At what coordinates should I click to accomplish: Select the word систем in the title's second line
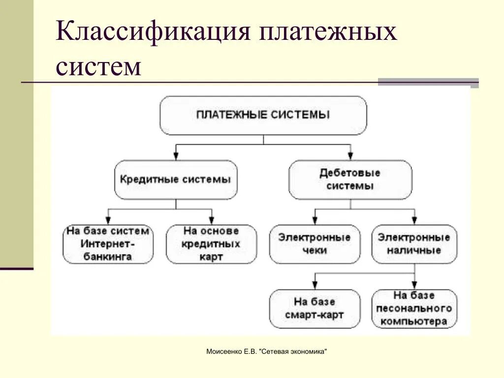98,66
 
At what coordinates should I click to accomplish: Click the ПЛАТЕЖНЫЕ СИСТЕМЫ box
263,115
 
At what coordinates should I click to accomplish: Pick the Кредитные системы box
175,180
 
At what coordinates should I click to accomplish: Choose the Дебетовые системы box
350,180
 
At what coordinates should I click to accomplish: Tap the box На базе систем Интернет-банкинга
108,244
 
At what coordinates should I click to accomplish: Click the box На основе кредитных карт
211,244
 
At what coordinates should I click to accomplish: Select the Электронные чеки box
315,244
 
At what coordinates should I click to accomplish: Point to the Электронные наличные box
414,244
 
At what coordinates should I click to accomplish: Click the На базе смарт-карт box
315,308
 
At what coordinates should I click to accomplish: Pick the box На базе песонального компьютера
414,308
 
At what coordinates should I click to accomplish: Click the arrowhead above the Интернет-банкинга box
108,220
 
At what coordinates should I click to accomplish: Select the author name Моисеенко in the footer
221,352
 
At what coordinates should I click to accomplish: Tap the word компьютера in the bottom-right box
414,321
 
